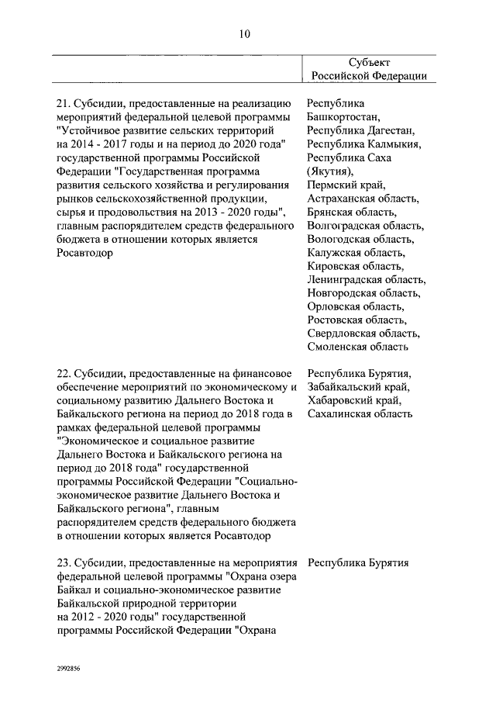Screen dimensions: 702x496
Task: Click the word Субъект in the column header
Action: click(369, 62)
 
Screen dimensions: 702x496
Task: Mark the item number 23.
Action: click(65, 563)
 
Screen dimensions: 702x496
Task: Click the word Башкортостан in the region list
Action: click(343, 117)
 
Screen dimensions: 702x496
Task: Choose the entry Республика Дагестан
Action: click(360, 130)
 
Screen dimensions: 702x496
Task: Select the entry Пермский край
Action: click(345, 185)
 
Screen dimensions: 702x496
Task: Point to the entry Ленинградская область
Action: click(366, 279)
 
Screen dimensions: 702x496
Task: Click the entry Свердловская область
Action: click(363, 334)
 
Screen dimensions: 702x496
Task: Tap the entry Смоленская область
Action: click(357, 347)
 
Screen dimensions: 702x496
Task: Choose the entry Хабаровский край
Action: click(353, 401)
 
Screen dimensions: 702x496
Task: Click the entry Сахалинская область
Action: click(360, 414)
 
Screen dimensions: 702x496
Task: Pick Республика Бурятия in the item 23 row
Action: click(358, 563)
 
